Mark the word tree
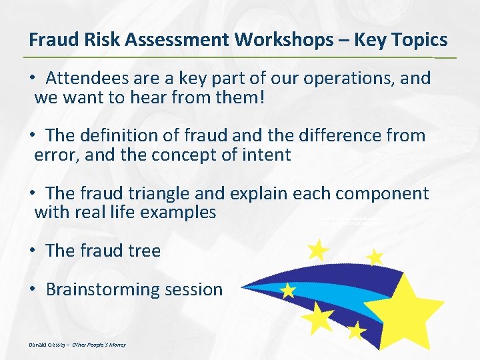(145, 251)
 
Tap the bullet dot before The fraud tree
(33, 251)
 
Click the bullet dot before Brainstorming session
(33, 290)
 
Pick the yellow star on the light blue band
(288, 291)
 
